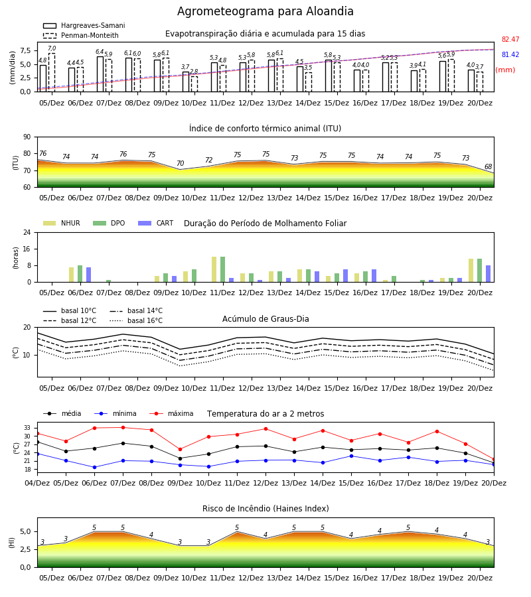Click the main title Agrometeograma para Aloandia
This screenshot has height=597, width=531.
pyautogui.click(x=265, y=11)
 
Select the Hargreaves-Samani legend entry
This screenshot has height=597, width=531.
pyautogui.click(x=84, y=25)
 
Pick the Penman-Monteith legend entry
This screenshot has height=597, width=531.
pyautogui.click(x=81, y=35)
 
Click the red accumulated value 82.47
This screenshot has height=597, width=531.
pyautogui.click(x=510, y=39)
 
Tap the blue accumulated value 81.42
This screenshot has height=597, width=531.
pyautogui.click(x=510, y=54)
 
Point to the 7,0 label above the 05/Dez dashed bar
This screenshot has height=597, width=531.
pyautogui.click(x=52, y=48)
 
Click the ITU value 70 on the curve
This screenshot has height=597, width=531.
pyautogui.click(x=180, y=163)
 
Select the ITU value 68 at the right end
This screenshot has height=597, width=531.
pyautogui.click(x=488, y=166)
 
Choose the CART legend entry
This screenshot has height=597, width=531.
pyautogui.click(x=155, y=223)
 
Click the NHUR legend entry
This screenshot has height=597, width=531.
pyautogui.click(x=62, y=223)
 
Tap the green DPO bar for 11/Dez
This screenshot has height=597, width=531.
pyautogui.click(x=222, y=269)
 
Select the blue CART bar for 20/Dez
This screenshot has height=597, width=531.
pyautogui.click(x=489, y=274)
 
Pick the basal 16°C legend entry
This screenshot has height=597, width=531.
pyautogui.click(x=136, y=320)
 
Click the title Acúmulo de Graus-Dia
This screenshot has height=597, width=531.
pyautogui.click(x=265, y=319)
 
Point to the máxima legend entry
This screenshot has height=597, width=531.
pyautogui.click(x=171, y=413)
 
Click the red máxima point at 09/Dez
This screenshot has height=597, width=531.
pyautogui.click(x=180, y=450)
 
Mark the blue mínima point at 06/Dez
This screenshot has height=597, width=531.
pyautogui.click(x=94, y=467)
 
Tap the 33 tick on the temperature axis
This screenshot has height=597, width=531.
pyautogui.click(x=27, y=428)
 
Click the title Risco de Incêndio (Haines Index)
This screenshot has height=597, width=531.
pyautogui.click(x=265, y=509)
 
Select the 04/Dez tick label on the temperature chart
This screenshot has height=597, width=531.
pyautogui.click(x=37, y=483)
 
